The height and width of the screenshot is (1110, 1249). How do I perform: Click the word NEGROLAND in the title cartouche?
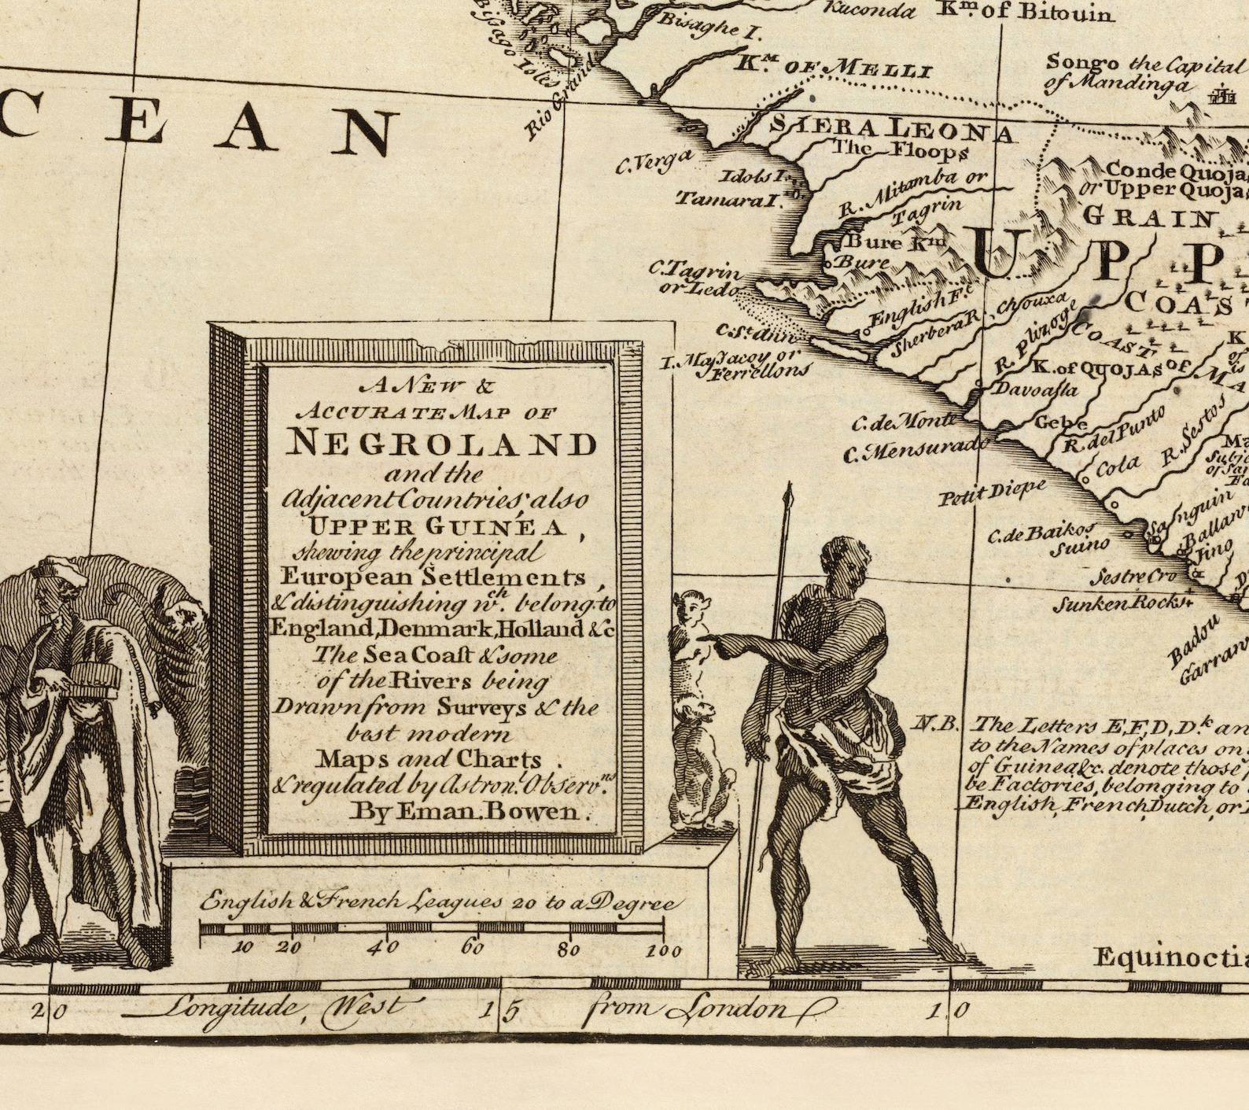click(x=441, y=444)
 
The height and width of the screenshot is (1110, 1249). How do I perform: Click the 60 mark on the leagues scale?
click(x=473, y=947)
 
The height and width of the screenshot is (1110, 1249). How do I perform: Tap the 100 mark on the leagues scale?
click(x=663, y=951)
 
